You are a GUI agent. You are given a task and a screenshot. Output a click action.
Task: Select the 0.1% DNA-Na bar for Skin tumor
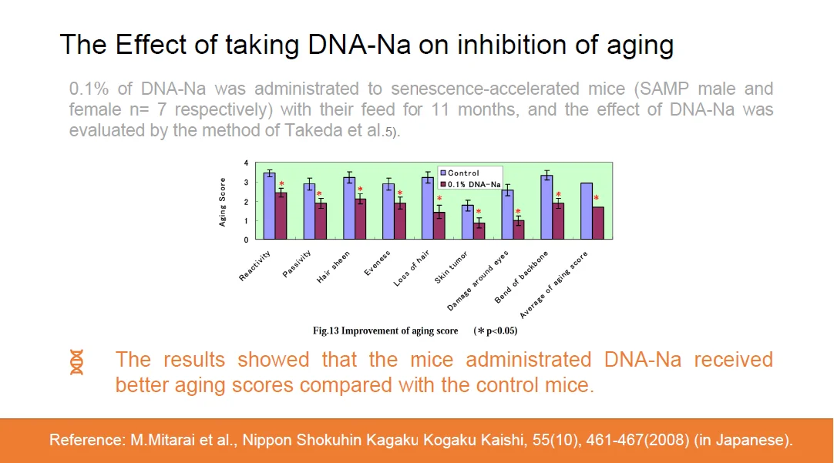click(x=479, y=231)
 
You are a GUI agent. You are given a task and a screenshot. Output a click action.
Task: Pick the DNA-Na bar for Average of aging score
click(x=598, y=223)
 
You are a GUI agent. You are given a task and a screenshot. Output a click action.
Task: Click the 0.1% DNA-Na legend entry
click(x=469, y=183)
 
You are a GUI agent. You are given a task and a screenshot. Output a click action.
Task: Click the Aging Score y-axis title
click(x=222, y=202)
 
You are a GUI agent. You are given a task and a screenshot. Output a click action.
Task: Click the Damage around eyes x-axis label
click(x=477, y=280)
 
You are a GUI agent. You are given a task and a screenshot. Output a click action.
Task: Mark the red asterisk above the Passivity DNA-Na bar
click(x=319, y=194)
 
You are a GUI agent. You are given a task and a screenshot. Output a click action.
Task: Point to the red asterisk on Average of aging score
click(x=596, y=198)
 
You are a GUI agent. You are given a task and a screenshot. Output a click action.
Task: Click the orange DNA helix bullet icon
click(x=76, y=362)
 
